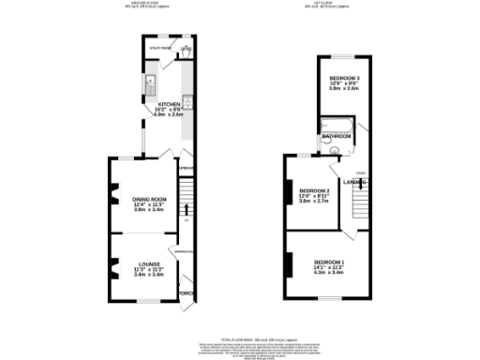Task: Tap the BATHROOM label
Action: coord(337,137)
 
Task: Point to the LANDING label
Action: coord(352,181)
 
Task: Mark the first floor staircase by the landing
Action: coord(359,199)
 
